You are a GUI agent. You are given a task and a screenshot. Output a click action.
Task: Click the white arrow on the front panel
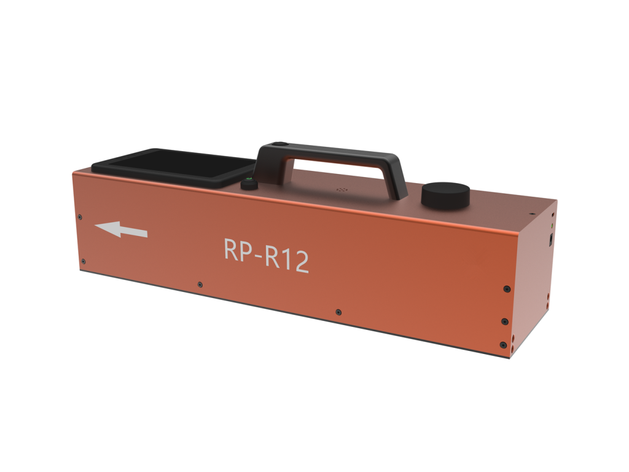tap(120, 230)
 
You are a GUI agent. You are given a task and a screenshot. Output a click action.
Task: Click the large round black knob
tap(445, 195)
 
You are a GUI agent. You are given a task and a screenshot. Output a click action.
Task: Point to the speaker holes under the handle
tap(342, 190)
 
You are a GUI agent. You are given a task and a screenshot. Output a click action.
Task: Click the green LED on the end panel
tap(551, 225)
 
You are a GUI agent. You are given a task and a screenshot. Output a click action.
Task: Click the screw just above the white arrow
tap(80, 216)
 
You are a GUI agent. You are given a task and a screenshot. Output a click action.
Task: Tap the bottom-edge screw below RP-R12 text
tap(338, 312)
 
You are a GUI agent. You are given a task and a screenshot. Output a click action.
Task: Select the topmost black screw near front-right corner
tap(506, 289)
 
